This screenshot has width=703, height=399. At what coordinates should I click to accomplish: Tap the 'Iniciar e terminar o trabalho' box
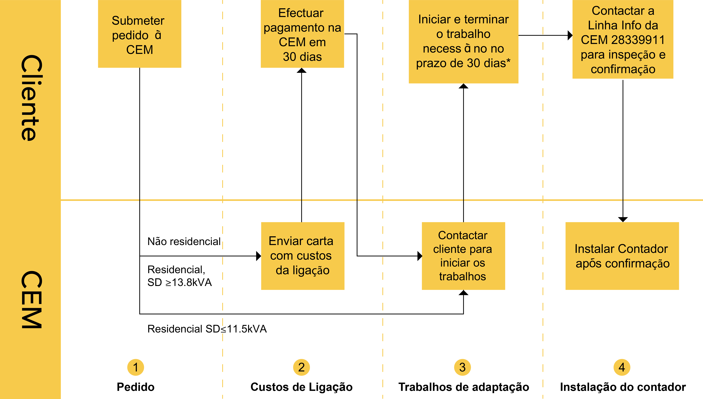(464, 42)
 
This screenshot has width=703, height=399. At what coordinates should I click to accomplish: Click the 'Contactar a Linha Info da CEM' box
(623, 39)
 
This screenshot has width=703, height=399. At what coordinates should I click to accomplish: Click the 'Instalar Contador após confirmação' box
(622, 256)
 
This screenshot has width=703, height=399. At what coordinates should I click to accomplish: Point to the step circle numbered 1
(135, 367)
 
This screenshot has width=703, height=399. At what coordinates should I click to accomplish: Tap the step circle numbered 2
(301, 367)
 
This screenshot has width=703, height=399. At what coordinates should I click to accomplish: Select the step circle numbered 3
(462, 367)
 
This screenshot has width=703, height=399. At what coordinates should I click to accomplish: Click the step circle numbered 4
(622, 367)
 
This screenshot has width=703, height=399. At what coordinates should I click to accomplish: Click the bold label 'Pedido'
(135, 387)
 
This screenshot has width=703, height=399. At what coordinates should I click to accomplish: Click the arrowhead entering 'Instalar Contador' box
(623, 219)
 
